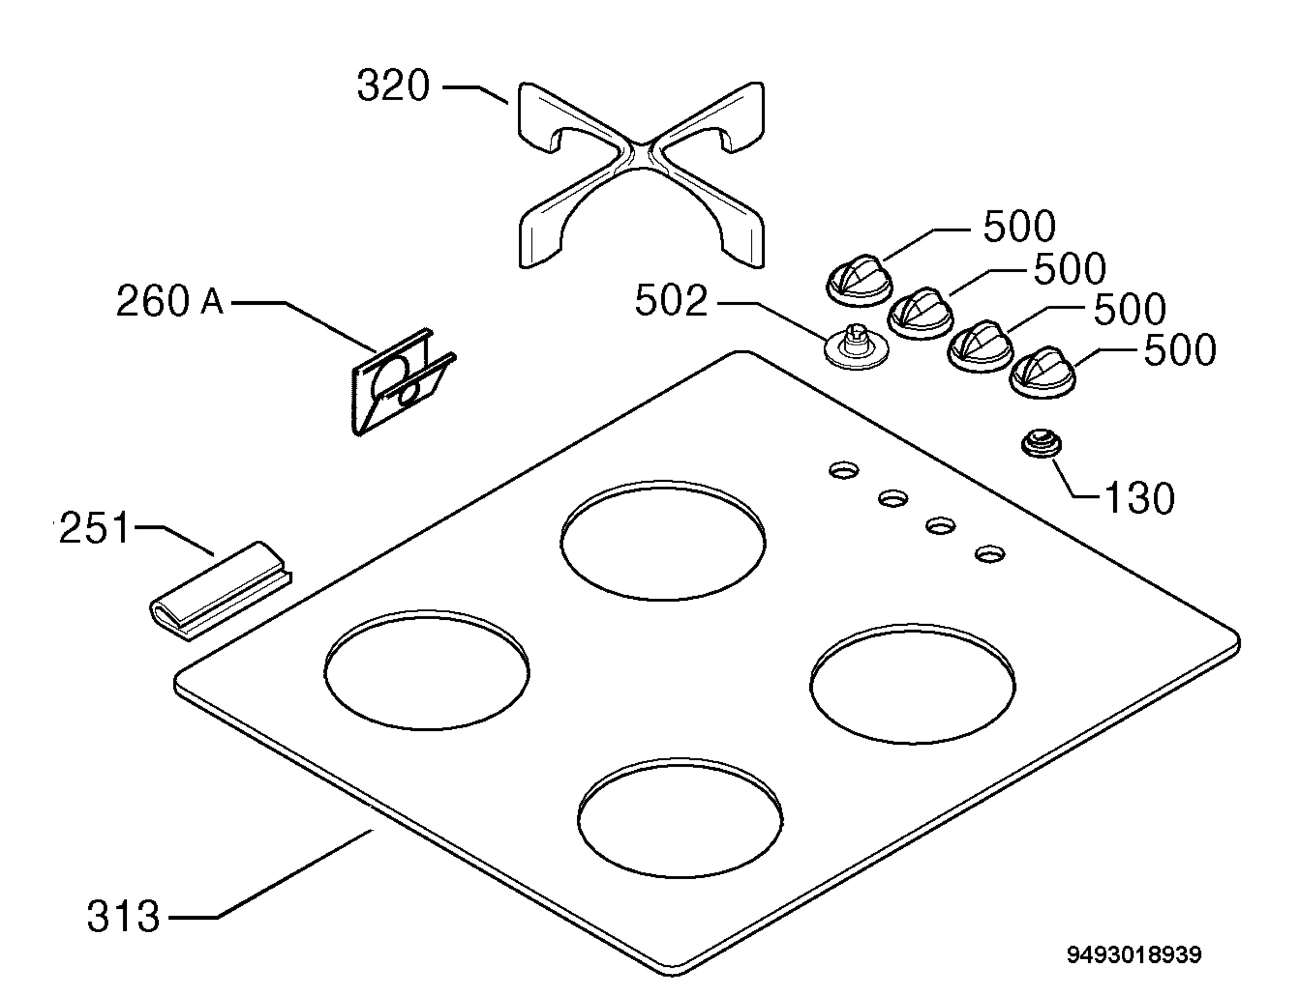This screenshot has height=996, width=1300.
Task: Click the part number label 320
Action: (393, 87)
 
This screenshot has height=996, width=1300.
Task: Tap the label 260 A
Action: (170, 300)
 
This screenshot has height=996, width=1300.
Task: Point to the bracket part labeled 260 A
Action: (404, 382)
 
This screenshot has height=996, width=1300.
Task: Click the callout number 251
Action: (94, 528)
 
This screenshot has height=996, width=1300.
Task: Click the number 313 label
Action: (123, 916)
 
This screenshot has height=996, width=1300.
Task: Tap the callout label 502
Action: (671, 300)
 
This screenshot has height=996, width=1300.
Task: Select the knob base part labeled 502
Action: (857, 347)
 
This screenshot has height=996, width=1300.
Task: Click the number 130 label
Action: (1139, 498)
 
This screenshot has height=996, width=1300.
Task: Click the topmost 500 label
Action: (1019, 226)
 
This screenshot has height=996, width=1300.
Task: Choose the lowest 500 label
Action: (1180, 350)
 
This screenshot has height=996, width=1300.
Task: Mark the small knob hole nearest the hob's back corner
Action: (844, 471)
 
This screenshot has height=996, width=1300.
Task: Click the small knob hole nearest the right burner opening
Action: (990, 554)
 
